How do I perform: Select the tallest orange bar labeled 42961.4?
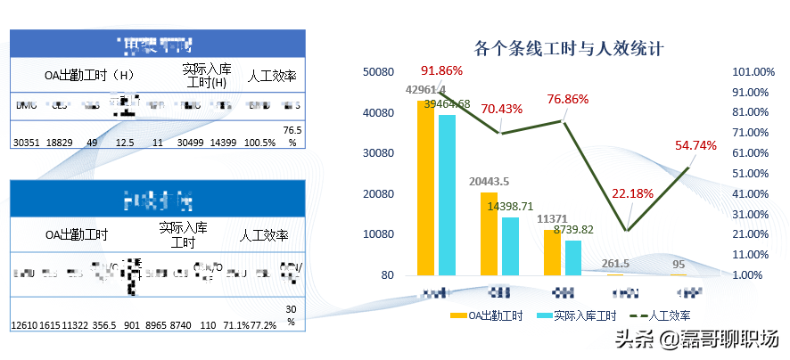426,187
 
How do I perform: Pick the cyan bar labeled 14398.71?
510,246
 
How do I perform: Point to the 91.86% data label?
442,71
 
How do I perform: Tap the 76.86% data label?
567,99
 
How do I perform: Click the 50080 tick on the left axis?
380,72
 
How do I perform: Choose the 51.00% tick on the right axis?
750,174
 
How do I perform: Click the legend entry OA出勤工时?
483,315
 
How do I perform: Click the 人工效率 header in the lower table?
264,236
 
